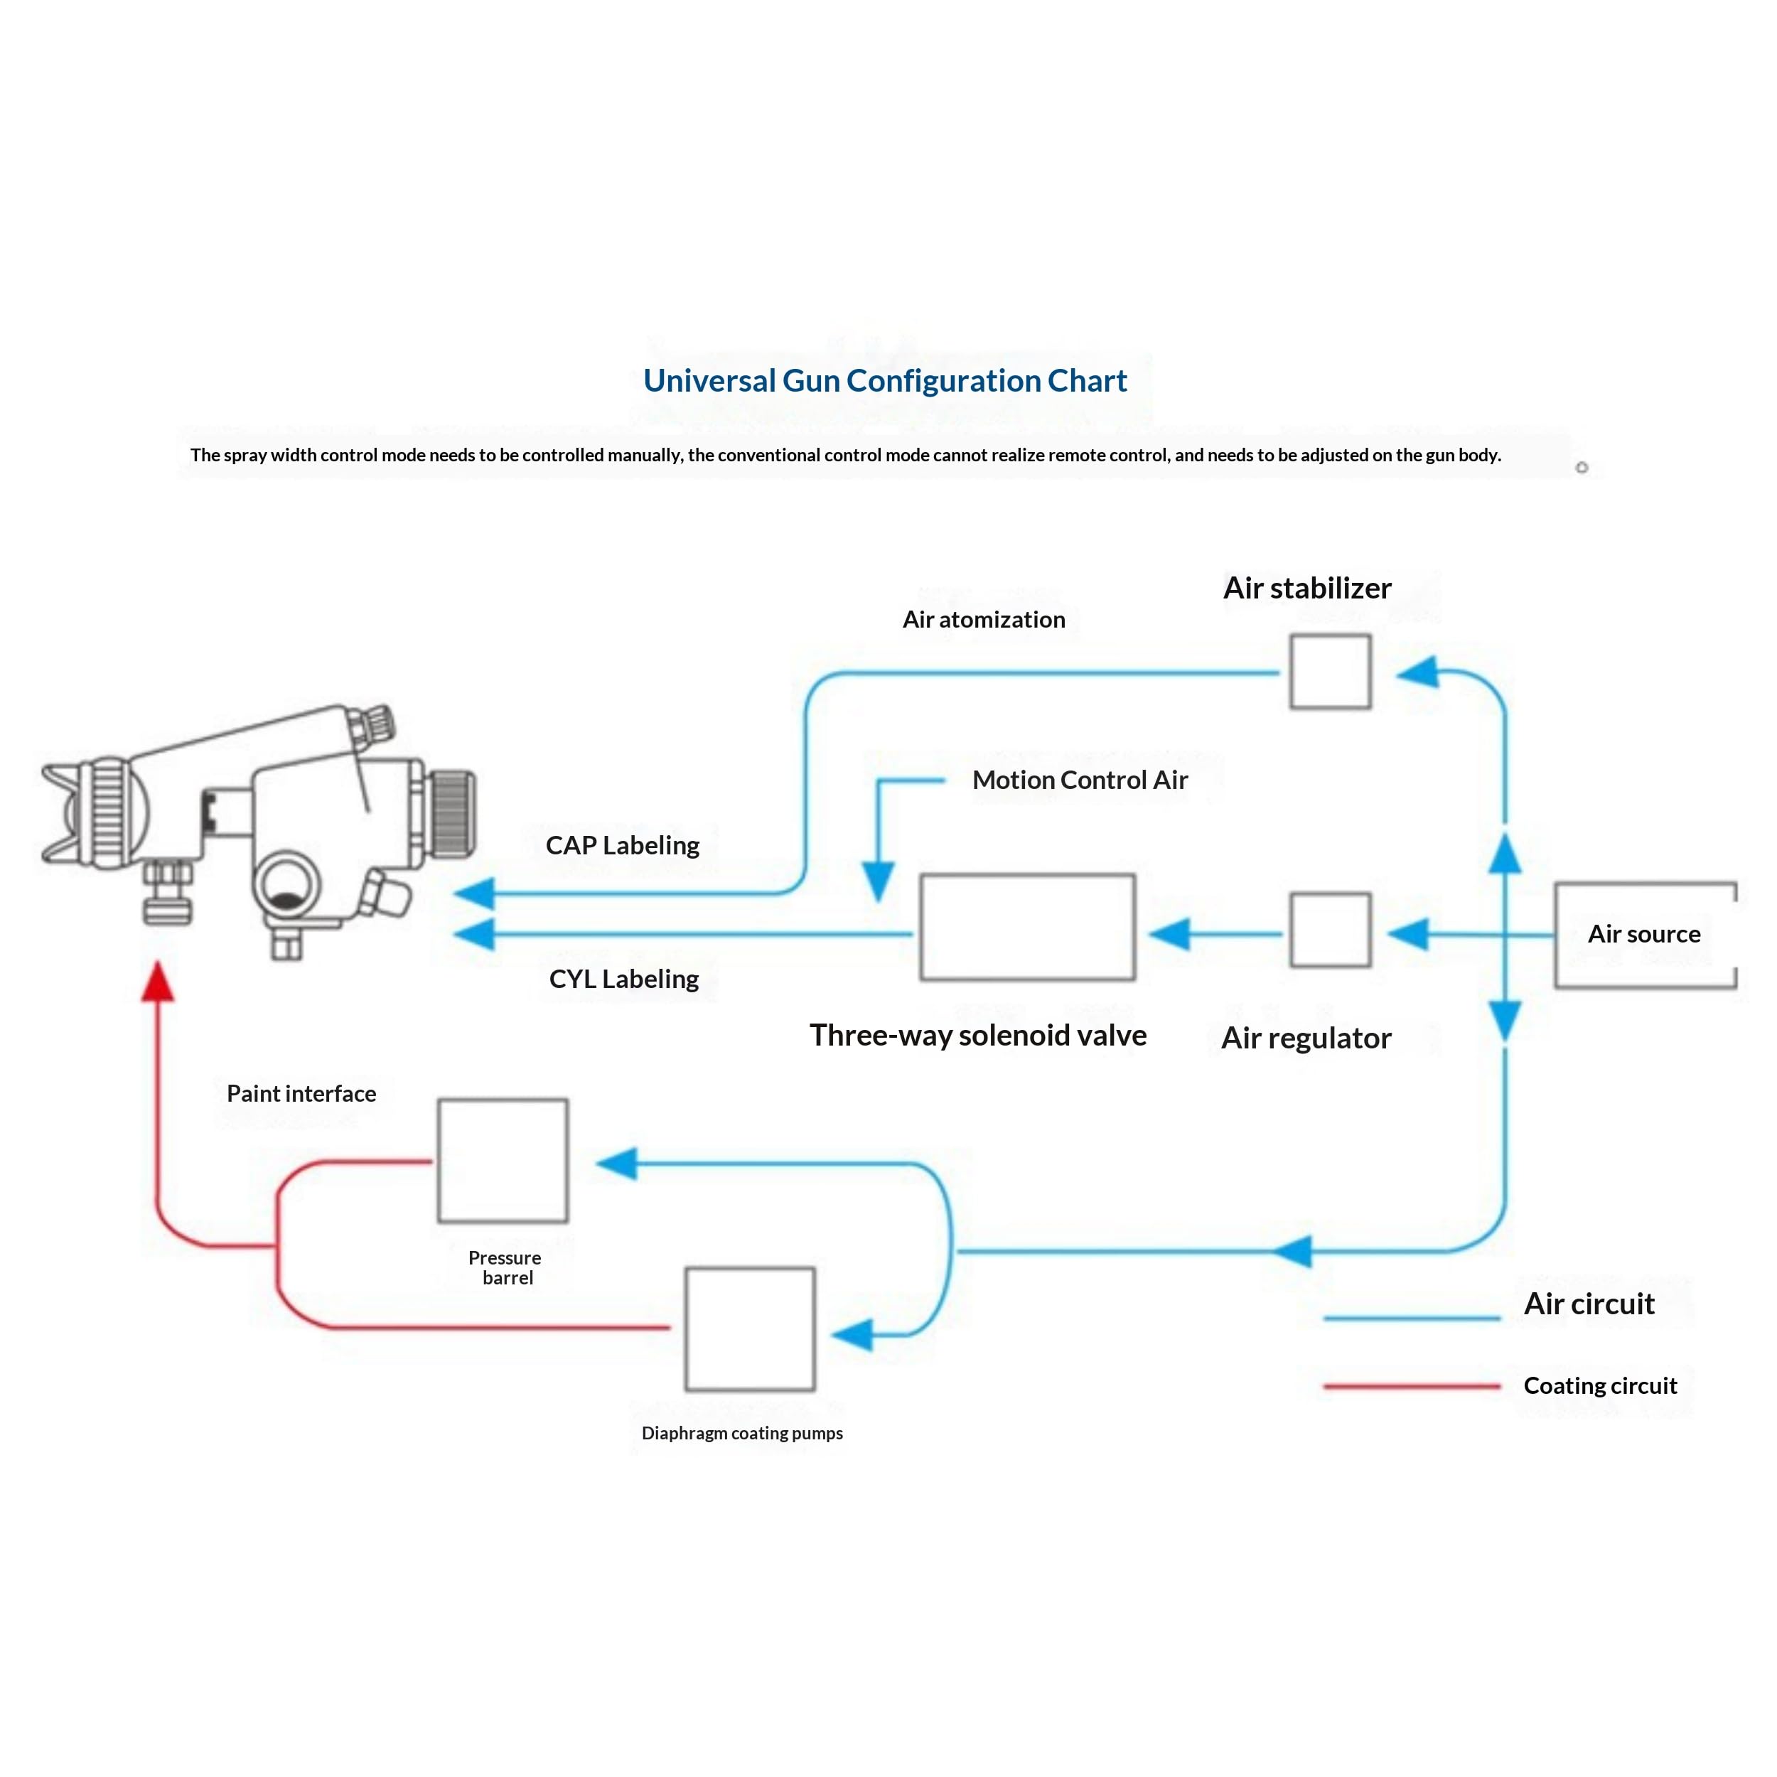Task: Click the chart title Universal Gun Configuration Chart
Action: coord(885,381)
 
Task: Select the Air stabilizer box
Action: coord(1330,672)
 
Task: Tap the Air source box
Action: coord(1646,935)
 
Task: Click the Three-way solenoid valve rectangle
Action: coord(1027,927)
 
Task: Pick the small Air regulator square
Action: coord(1330,930)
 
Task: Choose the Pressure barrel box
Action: coord(503,1161)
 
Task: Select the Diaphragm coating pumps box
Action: coord(750,1329)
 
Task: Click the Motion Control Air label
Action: coord(1080,780)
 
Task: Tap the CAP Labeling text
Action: coord(623,845)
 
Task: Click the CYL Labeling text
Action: coord(623,979)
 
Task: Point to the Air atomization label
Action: coord(983,619)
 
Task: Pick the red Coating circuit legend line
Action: coord(1412,1385)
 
